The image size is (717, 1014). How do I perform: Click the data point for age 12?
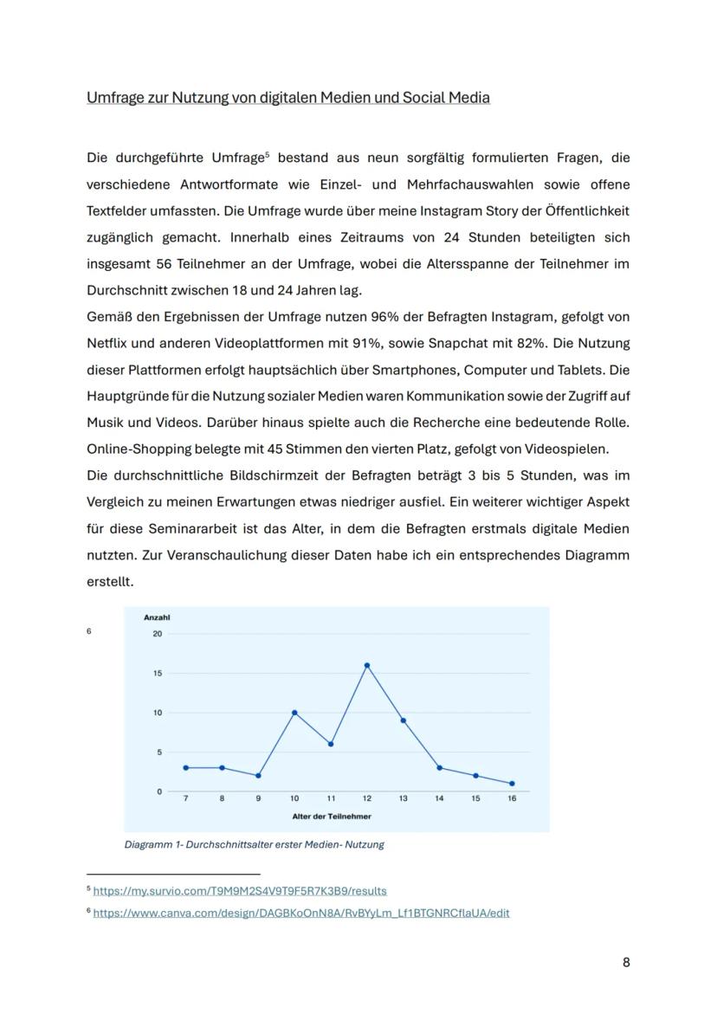(367, 665)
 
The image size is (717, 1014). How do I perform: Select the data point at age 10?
(294, 713)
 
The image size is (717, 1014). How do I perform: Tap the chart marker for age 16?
(512, 784)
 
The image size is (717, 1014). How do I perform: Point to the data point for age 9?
(258, 776)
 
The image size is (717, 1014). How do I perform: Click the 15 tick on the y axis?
(157, 673)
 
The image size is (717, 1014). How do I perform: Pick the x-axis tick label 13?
(404, 798)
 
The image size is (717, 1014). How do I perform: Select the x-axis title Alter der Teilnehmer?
(332, 816)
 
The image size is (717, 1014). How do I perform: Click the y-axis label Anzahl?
(157, 617)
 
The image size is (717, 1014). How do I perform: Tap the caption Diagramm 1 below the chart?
(254, 844)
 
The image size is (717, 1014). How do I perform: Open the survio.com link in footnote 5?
(240, 890)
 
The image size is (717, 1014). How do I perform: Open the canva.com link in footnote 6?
(300, 913)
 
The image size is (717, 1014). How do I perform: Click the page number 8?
(626, 962)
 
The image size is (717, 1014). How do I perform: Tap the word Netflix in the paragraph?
(107, 343)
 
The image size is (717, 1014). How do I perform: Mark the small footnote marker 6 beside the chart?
(88, 631)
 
